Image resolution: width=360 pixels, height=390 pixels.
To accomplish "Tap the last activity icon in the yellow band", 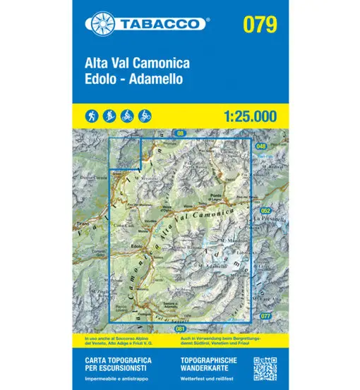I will click(x=145, y=114).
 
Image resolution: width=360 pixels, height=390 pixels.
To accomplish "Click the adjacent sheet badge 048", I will click(x=261, y=146).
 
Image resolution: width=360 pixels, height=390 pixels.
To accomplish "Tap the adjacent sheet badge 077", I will click(x=265, y=315).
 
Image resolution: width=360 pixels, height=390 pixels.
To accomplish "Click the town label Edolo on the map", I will click(x=138, y=245).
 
